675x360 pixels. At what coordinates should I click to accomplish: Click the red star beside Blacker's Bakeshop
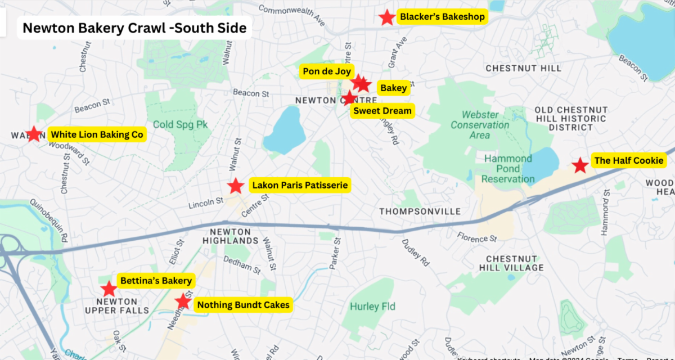(386, 17)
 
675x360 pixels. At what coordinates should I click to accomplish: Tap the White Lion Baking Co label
(97, 134)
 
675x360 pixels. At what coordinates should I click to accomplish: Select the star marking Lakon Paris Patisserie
(236, 186)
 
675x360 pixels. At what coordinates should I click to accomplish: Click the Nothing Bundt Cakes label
(243, 305)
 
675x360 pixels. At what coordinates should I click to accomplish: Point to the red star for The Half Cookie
(580, 165)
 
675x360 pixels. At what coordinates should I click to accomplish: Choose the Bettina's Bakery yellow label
(156, 281)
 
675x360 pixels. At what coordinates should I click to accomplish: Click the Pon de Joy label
(327, 71)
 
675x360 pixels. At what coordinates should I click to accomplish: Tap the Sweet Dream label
(382, 111)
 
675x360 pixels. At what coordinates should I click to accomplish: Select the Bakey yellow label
(393, 88)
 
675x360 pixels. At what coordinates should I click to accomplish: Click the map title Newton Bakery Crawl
(134, 28)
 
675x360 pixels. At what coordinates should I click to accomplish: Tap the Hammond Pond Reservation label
(509, 169)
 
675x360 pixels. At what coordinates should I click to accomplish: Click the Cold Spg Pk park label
(181, 124)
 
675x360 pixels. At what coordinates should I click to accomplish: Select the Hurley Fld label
(372, 307)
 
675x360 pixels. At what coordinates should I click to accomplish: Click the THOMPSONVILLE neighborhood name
(420, 211)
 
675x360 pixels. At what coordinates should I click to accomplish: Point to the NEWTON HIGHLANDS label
(230, 236)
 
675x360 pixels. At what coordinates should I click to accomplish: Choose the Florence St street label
(476, 238)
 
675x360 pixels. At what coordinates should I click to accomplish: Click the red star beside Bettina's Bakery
(109, 289)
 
